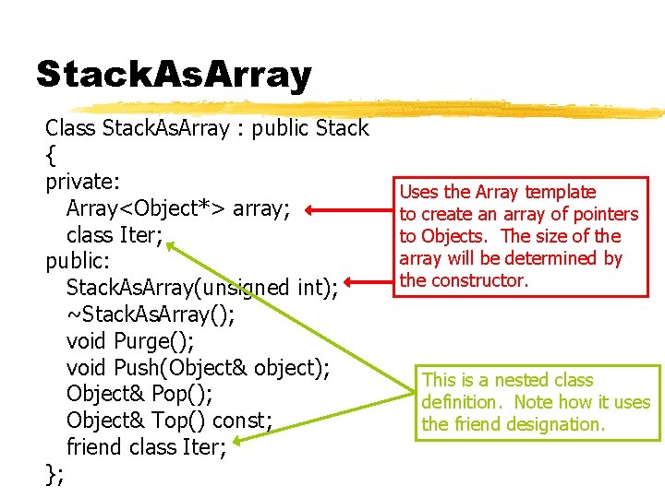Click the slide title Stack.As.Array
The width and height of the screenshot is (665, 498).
174,74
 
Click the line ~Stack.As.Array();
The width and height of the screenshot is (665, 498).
151,315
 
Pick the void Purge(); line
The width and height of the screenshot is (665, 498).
130,341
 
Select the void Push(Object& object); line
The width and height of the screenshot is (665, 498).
199,368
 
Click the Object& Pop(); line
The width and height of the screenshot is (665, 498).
139,395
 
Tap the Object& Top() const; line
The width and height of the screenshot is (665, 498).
169,421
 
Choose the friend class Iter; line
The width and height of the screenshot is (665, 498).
147,447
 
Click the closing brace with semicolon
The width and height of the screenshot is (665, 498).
54,474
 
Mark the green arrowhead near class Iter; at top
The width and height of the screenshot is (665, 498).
173,245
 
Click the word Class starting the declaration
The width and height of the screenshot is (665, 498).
71,127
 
